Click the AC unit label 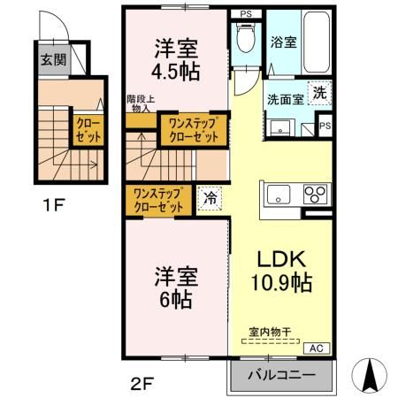coord(318,348)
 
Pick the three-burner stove coord(315,194)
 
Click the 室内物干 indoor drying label coord(275,333)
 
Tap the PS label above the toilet coord(245,13)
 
